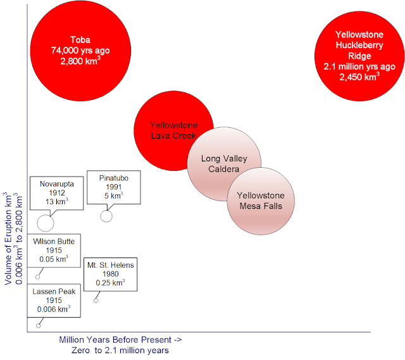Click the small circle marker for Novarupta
click(46, 223)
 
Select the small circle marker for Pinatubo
click(106, 216)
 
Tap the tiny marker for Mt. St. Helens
click(96, 300)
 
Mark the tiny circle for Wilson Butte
click(38, 276)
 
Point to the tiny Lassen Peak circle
click(39, 325)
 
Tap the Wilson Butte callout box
click(54, 250)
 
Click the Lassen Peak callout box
click(54, 300)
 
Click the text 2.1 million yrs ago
click(359, 66)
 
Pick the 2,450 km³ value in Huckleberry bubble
click(359, 77)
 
